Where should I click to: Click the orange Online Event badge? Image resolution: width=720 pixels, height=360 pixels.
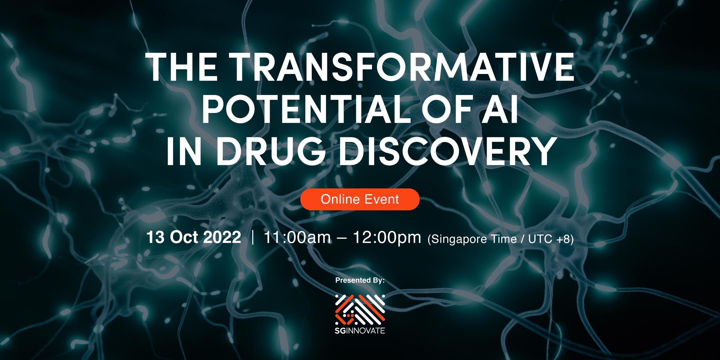click(360, 199)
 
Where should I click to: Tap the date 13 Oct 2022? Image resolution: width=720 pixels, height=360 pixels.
click(194, 237)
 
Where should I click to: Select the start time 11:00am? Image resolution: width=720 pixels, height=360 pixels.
click(297, 237)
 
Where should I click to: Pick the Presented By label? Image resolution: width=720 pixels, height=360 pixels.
click(360, 280)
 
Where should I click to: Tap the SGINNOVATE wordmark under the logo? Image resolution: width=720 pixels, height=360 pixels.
click(360, 331)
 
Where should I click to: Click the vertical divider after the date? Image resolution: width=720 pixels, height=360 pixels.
click(253, 238)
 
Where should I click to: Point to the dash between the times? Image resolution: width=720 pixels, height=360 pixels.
click(342, 238)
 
